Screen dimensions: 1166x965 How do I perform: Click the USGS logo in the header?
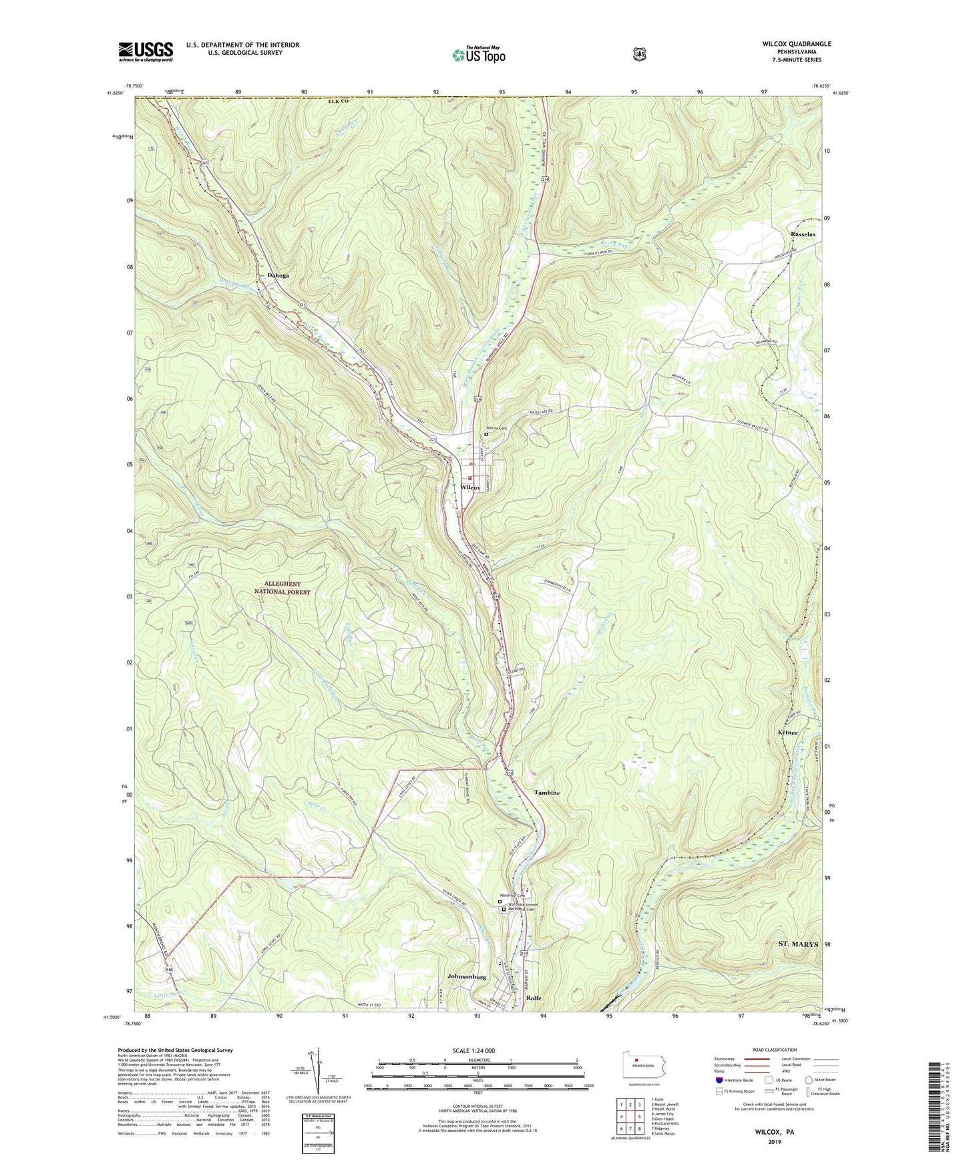click(146, 51)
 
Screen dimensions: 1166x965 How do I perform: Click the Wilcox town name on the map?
click(470, 488)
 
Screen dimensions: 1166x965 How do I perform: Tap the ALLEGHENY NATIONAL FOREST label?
click(282, 587)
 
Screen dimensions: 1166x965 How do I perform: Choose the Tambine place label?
click(547, 793)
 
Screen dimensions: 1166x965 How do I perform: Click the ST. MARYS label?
click(798, 944)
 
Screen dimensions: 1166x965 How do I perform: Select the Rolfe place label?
click(534, 998)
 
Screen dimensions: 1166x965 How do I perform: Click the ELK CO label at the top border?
click(339, 101)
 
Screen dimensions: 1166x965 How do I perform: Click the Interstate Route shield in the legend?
click(719, 1080)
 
